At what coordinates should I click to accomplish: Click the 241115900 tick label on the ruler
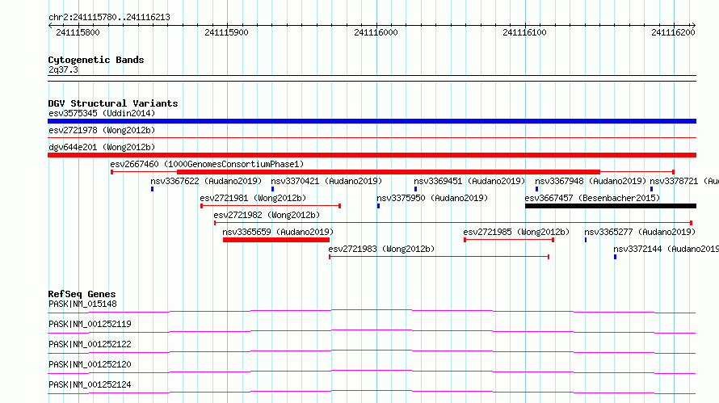[226, 32]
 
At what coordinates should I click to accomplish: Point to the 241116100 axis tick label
[524, 32]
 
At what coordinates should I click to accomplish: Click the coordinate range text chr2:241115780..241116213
[109, 17]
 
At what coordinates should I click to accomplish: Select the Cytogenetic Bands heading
[96, 60]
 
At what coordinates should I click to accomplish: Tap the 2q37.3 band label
[63, 69]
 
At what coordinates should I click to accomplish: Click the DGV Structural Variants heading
[113, 103]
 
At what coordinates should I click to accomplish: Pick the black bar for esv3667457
[611, 206]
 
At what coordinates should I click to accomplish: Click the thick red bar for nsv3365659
[276, 240]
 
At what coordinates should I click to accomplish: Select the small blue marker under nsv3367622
[152, 189]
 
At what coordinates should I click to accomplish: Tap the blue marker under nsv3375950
[378, 206]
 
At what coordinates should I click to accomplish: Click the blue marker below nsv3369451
[415, 189]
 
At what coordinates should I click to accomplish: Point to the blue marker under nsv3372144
[615, 257]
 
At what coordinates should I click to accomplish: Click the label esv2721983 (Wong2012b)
[381, 249]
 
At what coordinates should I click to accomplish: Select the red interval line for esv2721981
[271, 206]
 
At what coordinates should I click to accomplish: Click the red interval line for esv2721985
[509, 240]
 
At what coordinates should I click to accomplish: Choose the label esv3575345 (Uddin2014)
[102, 113]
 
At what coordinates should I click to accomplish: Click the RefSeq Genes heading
[82, 294]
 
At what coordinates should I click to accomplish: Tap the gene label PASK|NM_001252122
[90, 344]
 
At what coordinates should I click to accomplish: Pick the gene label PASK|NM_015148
[82, 304]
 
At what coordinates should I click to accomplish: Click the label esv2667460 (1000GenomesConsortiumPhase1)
[207, 164]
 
